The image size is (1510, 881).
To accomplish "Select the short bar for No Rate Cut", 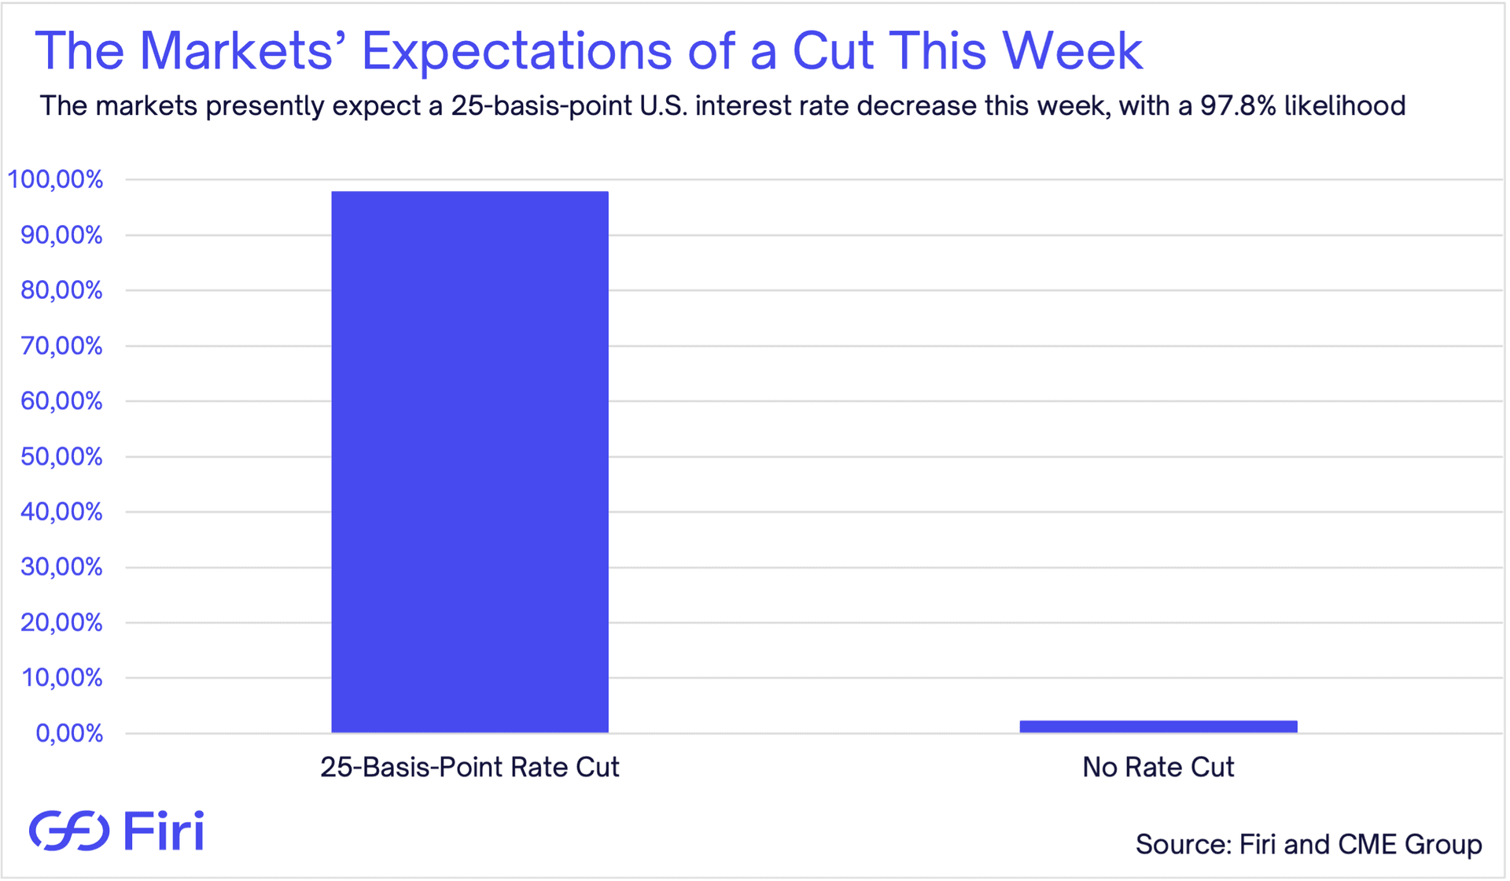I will [x=1158, y=726].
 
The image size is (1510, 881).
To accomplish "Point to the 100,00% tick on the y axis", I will [x=55, y=179].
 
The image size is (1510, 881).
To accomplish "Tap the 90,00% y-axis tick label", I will [x=61, y=235].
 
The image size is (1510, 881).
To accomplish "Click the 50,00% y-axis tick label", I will [x=61, y=456].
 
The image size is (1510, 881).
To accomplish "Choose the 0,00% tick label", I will [x=69, y=733].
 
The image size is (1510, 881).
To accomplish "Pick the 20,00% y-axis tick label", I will [x=61, y=622].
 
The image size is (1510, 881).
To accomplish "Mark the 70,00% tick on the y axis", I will [x=61, y=345].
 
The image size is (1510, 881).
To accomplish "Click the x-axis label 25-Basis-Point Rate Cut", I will [x=470, y=767].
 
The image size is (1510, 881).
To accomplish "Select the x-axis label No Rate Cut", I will [x=1158, y=767].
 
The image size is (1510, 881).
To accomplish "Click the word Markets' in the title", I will [x=243, y=52].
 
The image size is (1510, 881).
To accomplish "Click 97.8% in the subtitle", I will [x=1237, y=105].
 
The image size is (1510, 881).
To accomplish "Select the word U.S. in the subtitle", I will [x=663, y=105].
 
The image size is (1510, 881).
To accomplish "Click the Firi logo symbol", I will [x=69, y=831].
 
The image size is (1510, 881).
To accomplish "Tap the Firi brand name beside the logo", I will [x=164, y=831].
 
